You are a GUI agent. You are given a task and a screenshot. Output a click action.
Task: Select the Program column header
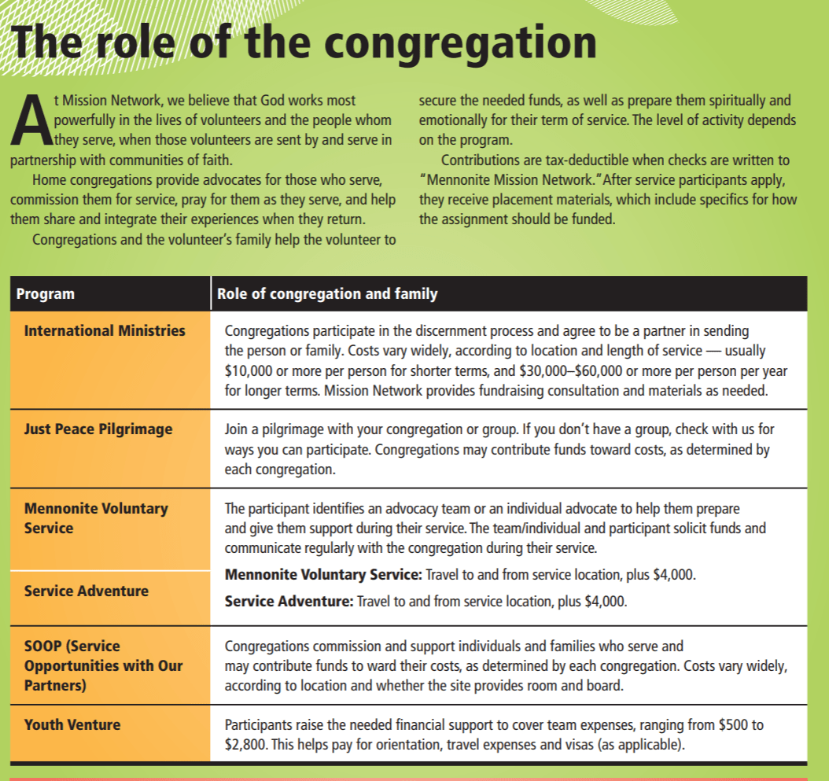point(46,294)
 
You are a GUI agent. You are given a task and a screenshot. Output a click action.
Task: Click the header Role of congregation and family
point(327,294)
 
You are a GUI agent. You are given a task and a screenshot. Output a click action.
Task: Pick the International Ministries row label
point(105,330)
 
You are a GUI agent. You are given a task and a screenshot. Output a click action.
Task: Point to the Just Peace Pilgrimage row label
point(98,429)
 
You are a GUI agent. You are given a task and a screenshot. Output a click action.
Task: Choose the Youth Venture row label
point(72,724)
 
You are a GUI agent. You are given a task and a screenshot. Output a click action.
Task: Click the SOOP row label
point(103,665)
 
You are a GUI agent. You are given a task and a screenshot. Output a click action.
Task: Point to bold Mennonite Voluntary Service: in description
point(323,575)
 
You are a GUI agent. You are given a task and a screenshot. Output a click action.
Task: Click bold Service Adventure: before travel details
point(289,602)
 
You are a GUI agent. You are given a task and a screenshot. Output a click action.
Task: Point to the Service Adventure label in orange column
point(86,591)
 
